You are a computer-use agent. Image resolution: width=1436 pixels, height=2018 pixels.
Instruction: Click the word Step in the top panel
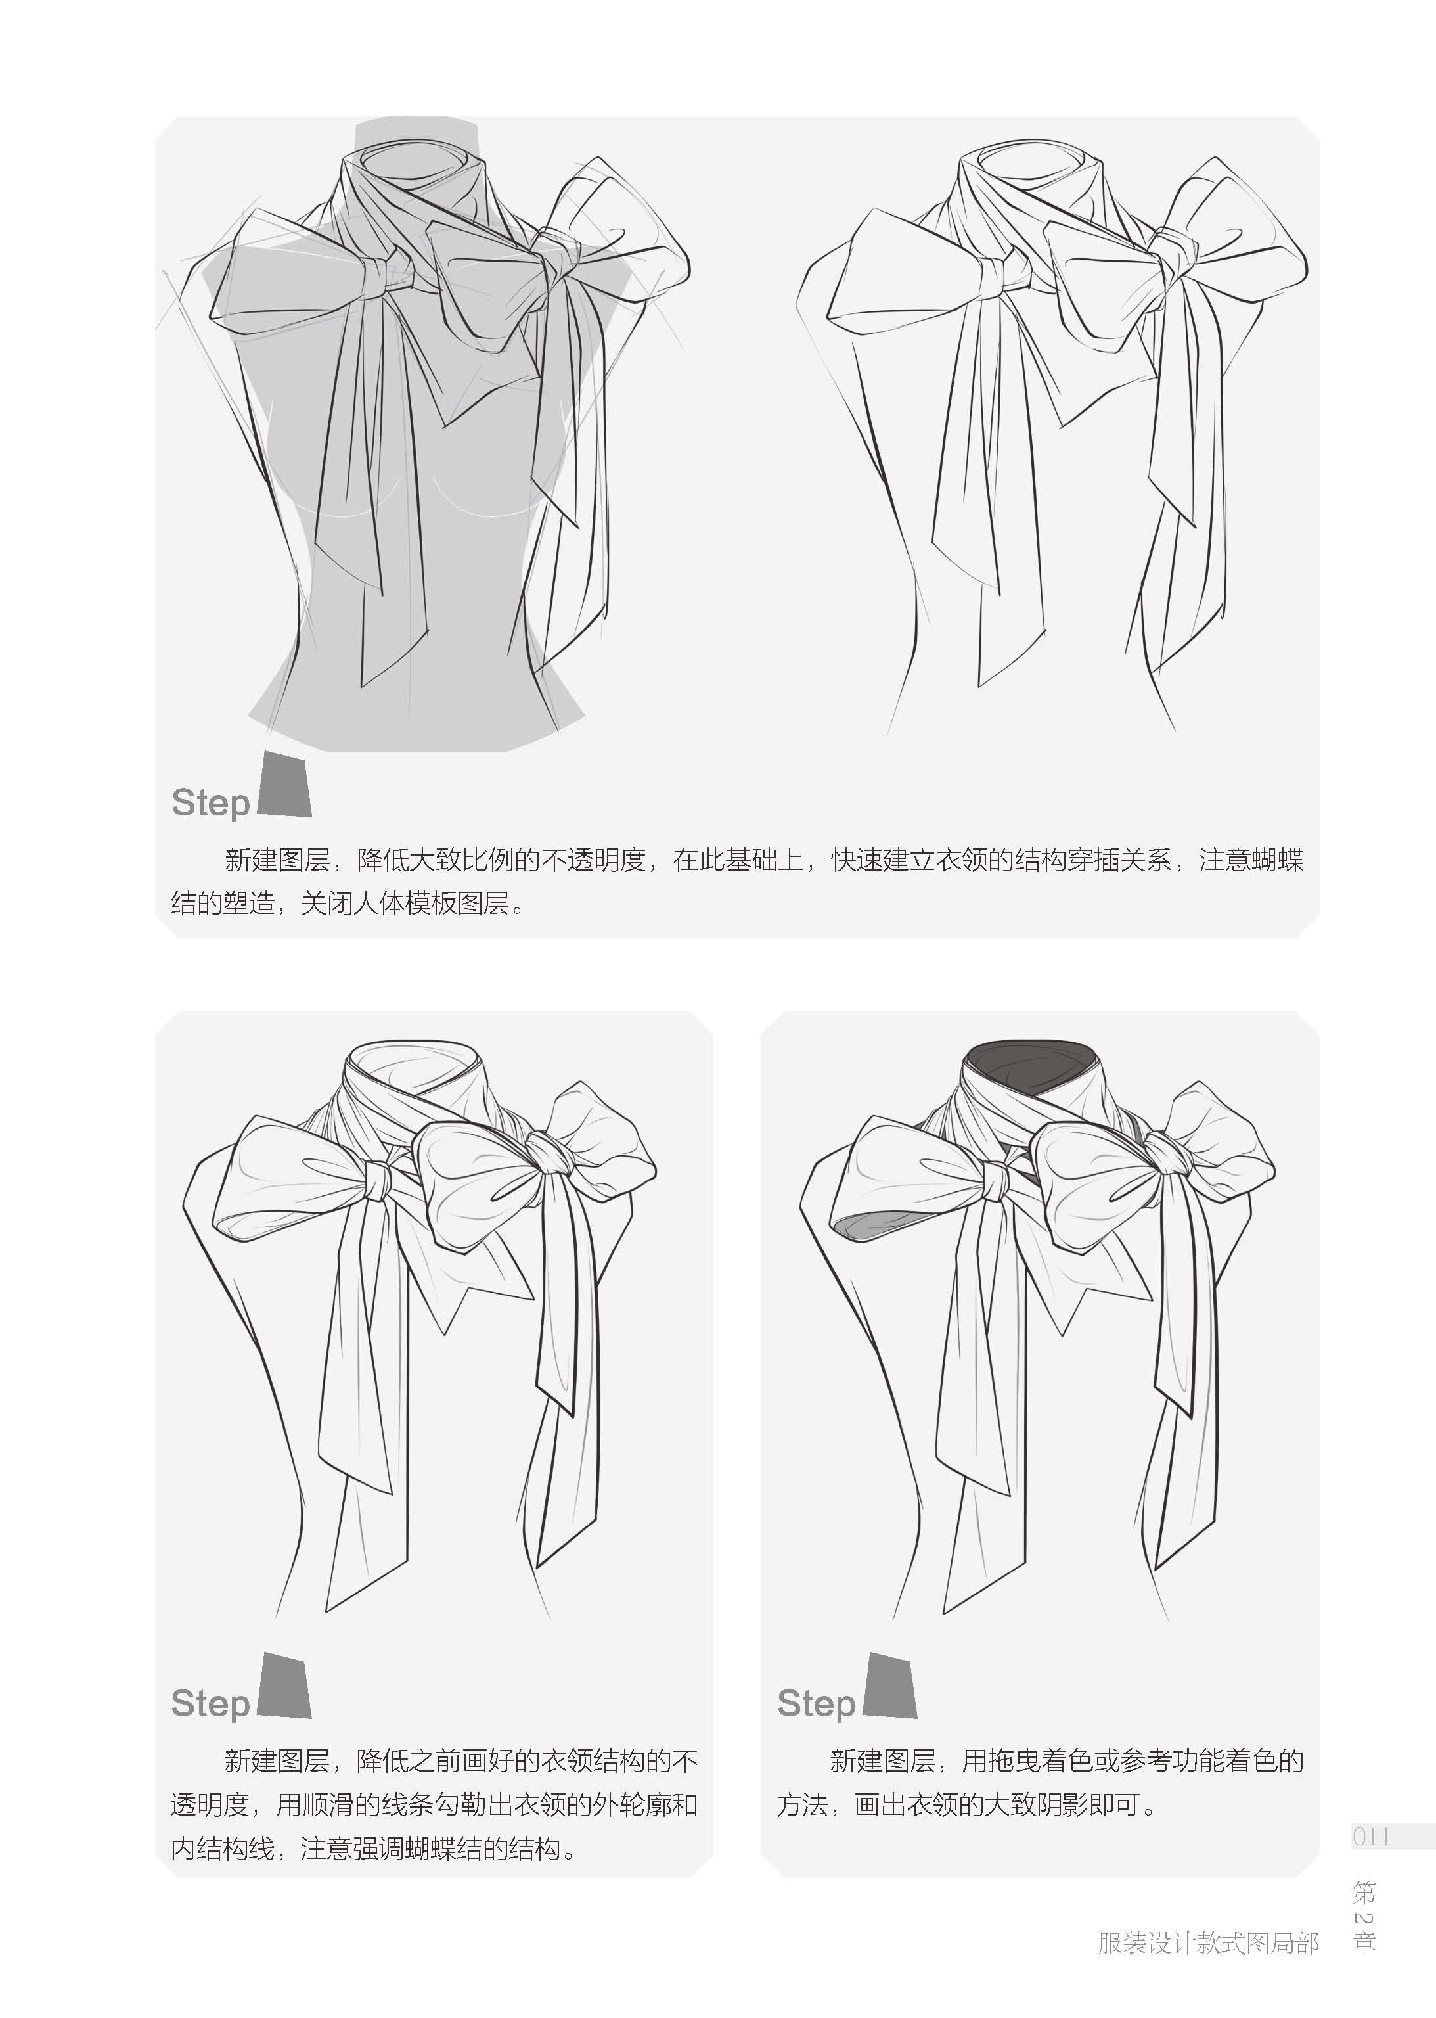pos(210,804)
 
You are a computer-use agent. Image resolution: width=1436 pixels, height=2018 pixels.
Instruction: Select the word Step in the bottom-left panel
pos(210,1704)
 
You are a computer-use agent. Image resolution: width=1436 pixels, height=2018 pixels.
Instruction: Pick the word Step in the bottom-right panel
pos(816,1704)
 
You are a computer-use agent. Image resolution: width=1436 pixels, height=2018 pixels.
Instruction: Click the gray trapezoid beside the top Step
pos(284,785)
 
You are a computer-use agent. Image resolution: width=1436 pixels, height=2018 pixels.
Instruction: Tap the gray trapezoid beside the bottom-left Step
pos(284,1685)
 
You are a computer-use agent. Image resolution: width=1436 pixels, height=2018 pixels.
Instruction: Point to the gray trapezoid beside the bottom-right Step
pos(890,1685)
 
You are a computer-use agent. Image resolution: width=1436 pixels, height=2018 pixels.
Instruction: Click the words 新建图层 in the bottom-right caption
pos(882,1760)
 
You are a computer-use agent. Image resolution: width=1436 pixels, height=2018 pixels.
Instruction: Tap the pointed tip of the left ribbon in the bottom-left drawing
pos(328,1611)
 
